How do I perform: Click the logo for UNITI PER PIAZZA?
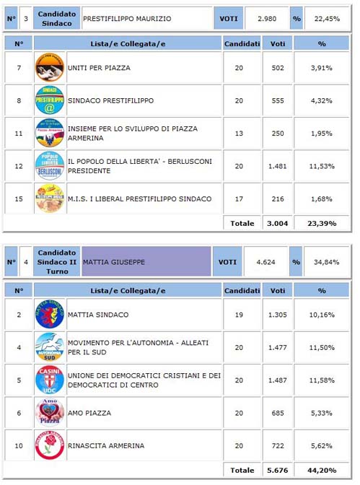pyautogui.click(x=49, y=68)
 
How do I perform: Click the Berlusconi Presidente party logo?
pyautogui.click(x=49, y=166)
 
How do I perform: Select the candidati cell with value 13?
pyautogui.click(x=239, y=134)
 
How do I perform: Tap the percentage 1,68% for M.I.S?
pyautogui.click(x=322, y=198)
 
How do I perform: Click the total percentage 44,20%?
pyautogui.click(x=322, y=471)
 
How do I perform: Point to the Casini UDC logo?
pyautogui.click(x=49, y=380)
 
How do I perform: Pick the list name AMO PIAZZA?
pyautogui.click(x=89, y=412)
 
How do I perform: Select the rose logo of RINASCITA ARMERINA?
pyautogui.click(x=49, y=445)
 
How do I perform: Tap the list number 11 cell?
pyautogui.click(x=19, y=134)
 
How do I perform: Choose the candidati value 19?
pyautogui.click(x=239, y=315)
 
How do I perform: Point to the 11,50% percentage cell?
pyautogui.click(x=322, y=347)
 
